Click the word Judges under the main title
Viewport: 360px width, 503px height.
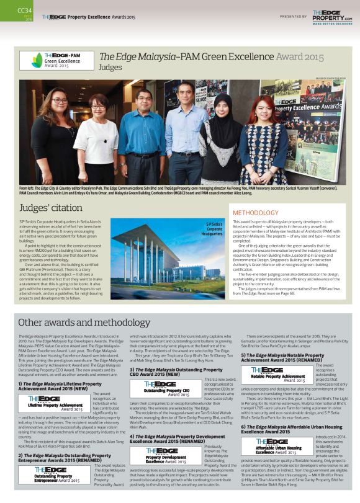[x=110, y=67]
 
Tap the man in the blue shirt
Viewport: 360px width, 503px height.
[x=142, y=136]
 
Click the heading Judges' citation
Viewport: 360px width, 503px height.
[x=49, y=208]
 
